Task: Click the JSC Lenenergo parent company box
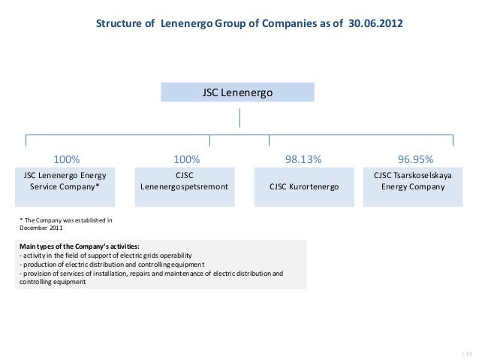238,92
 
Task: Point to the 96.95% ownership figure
415,159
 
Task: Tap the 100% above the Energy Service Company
66,159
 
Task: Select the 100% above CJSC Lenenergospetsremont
186,159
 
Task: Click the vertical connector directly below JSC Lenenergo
239,118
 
